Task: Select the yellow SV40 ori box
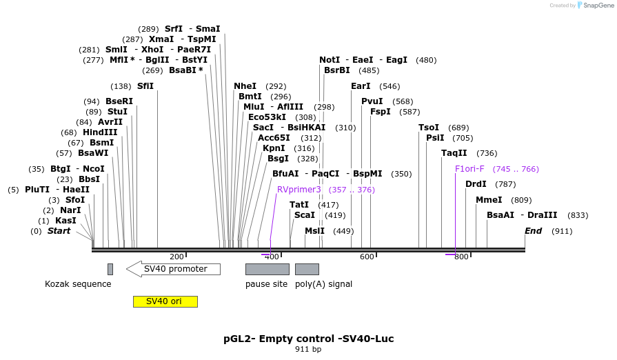(165, 301)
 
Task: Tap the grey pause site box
(267, 269)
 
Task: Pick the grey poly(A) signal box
(307, 269)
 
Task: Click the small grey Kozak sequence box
(110, 269)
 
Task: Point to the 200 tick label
(176, 257)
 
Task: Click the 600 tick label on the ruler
(367, 257)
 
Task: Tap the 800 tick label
(461, 257)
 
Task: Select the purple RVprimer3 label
(299, 190)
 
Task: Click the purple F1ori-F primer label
(469, 169)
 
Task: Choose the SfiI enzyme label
(145, 86)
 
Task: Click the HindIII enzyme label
(100, 132)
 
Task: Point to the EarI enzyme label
(361, 86)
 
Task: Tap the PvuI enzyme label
(372, 101)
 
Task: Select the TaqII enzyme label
(454, 153)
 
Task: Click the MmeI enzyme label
(489, 200)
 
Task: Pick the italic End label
(534, 231)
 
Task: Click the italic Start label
(59, 231)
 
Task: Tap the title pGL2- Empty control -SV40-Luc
(308, 339)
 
